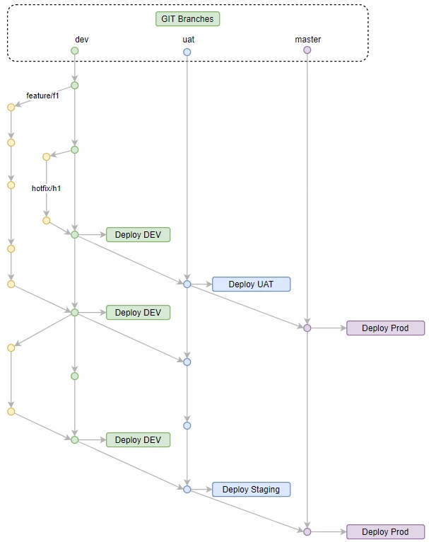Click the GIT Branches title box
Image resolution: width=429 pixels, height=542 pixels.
pyautogui.click(x=187, y=18)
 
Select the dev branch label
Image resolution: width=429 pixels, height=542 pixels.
pyautogui.click(x=82, y=40)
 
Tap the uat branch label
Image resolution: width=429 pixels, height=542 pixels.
pyautogui.click(x=188, y=40)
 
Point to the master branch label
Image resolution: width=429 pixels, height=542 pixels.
pyautogui.click(x=307, y=40)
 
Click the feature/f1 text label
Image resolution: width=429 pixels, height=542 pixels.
pyautogui.click(x=42, y=96)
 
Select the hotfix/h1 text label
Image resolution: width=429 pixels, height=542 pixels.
pyautogui.click(x=46, y=189)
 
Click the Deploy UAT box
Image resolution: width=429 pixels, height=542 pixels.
pyautogui.click(x=251, y=284)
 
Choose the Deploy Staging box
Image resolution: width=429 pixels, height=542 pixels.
pyautogui.click(x=251, y=489)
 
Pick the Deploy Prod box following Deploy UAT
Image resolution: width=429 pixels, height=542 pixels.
pyautogui.click(x=385, y=328)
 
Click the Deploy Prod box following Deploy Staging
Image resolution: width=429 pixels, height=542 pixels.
pyautogui.click(x=385, y=532)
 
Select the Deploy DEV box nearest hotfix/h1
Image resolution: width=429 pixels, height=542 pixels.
pyautogui.click(x=138, y=235)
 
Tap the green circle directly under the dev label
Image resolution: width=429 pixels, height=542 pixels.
pyautogui.click(x=74, y=51)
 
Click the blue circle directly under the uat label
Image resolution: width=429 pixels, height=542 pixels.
pyautogui.click(x=187, y=52)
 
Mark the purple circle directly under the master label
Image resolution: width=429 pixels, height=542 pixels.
pyautogui.click(x=307, y=50)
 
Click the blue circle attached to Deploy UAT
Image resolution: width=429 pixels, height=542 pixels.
pyautogui.click(x=187, y=284)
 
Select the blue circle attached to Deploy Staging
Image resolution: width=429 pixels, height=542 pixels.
pyautogui.click(x=187, y=489)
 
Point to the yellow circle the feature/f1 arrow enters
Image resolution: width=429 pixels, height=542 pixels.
pyautogui.click(x=11, y=108)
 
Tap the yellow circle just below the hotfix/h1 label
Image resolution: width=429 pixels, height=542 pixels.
pyautogui.click(x=46, y=221)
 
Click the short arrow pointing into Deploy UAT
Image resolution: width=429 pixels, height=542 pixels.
pyautogui.click(x=201, y=284)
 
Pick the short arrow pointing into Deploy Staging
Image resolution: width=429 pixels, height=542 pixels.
pyautogui.click(x=201, y=489)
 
